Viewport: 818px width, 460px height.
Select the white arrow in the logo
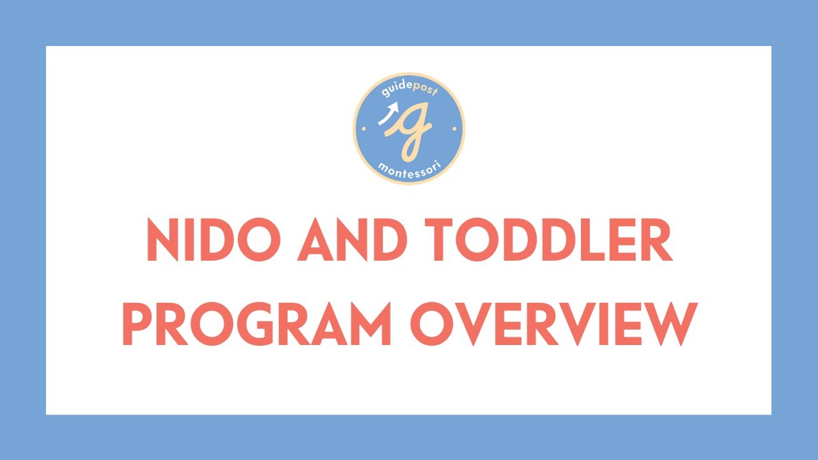(387, 116)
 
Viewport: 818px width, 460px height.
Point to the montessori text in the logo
(409, 169)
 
